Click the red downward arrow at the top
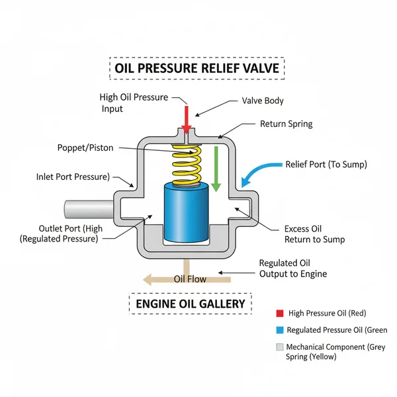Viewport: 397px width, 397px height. click(187, 119)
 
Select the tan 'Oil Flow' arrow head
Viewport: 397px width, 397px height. click(151, 279)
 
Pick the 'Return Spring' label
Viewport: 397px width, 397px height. click(286, 124)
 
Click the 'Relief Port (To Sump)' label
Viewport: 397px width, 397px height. click(325, 164)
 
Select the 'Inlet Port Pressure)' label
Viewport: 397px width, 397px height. click(73, 177)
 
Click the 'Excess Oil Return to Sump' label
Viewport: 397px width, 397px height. click(314, 234)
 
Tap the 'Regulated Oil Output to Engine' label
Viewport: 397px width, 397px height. click(292, 268)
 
